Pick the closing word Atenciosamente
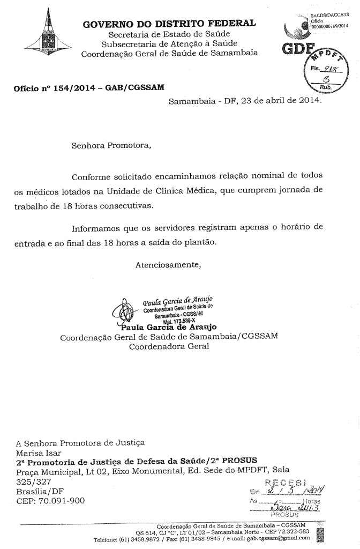click(168, 264)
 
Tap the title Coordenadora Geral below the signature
click(169, 346)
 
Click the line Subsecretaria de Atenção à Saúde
click(169, 43)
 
